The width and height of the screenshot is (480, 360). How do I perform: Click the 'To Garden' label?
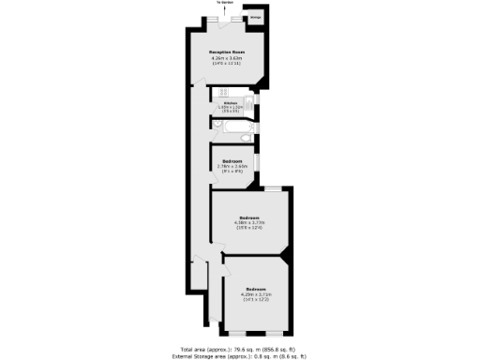[x=226, y=3]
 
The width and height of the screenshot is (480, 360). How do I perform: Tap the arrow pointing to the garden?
[x=226, y=8]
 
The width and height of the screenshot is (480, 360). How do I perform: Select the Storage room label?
[x=255, y=17]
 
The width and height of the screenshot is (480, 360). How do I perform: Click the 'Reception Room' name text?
[x=226, y=52]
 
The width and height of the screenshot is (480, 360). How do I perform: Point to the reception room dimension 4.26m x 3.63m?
[x=226, y=58]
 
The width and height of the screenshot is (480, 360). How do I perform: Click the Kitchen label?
[x=231, y=102]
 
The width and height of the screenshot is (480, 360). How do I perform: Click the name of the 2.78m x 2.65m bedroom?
[x=232, y=160]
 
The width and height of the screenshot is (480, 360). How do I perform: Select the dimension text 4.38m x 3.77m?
[x=249, y=222]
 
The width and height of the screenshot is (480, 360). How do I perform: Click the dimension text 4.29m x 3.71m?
[x=256, y=293]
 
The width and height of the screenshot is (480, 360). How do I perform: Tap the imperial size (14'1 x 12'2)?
[x=256, y=299]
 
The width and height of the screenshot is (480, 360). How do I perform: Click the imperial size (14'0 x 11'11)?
[x=226, y=64]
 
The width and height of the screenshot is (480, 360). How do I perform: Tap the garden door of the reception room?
[x=226, y=18]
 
